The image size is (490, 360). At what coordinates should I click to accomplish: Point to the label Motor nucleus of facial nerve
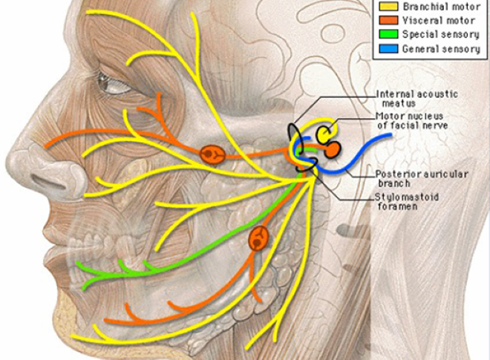[x=412, y=120]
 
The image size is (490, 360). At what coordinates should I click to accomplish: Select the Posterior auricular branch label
[x=412, y=178]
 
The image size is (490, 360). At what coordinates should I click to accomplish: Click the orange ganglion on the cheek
[x=212, y=154]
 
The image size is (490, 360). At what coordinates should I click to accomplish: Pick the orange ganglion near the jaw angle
[x=258, y=239]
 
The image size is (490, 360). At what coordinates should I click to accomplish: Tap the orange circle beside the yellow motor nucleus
[x=332, y=149]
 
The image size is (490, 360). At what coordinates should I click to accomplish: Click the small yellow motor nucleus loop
[x=324, y=134]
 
